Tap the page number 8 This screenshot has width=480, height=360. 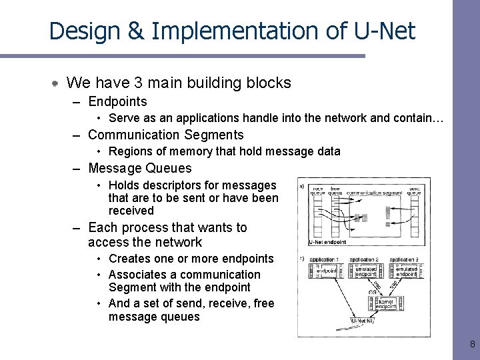[472, 345]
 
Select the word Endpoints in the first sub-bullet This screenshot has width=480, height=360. [117, 102]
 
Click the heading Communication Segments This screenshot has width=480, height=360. [165, 135]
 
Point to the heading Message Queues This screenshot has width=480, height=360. [139, 169]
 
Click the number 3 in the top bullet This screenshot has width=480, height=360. [138, 83]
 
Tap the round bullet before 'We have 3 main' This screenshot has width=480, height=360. [57, 83]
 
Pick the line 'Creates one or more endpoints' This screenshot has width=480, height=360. [191, 259]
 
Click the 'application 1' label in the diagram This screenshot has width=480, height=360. [325, 259]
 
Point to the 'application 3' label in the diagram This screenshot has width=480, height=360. [405, 259]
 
